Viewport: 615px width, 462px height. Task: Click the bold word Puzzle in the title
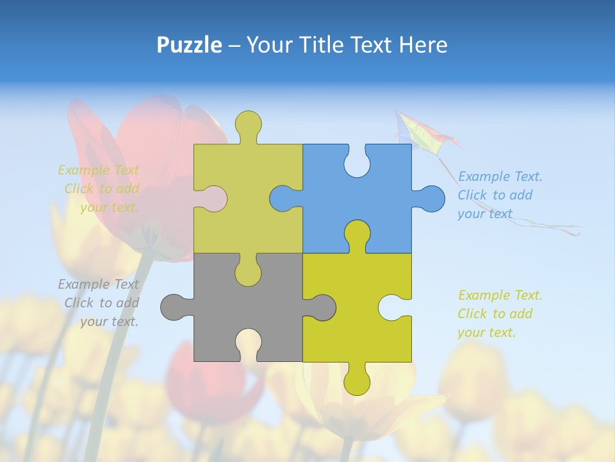click(189, 45)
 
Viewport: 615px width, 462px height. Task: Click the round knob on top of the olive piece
click(248, 124)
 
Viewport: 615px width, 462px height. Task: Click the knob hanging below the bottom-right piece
click(357, 382)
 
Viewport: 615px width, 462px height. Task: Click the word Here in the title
click(423, 45)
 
